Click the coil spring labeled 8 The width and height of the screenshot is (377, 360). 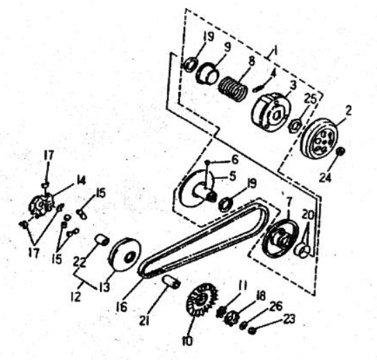coord(233,88)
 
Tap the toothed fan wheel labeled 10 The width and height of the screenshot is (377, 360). coord(202,299)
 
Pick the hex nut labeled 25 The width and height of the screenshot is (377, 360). coord(295,125)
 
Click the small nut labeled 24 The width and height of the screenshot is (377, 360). coord(340,151)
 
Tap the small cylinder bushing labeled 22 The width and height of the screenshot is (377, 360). coord(102,240)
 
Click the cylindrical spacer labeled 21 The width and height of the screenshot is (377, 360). coord(170,282)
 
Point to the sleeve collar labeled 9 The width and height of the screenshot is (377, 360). coord(207,73)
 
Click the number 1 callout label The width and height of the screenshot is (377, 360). coord(275,51)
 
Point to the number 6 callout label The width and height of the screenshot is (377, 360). coord(234,159)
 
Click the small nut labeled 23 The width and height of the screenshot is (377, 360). coord(252,331)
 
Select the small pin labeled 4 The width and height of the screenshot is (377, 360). coord(257,90)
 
